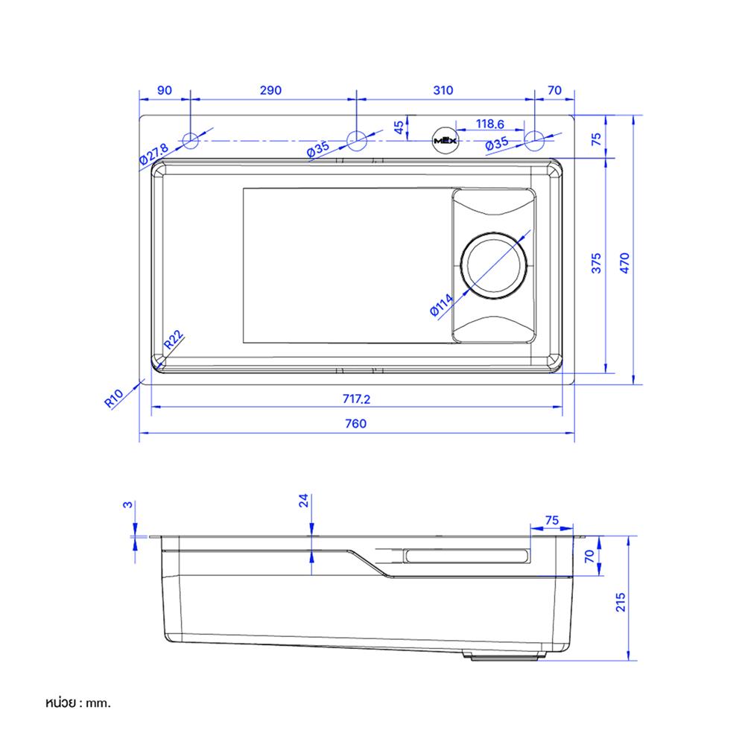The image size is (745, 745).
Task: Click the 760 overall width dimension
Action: click(356, 423)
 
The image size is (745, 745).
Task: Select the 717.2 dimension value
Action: click(356, 399)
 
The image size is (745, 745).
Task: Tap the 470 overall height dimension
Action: click(625, 264)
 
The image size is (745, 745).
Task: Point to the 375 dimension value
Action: click(596, 264)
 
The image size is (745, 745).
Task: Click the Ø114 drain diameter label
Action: click(442, 305)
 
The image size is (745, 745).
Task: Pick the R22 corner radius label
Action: click(174, 340)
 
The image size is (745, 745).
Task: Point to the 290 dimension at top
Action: click(270, 90)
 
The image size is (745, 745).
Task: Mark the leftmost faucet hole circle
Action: click(191, 139)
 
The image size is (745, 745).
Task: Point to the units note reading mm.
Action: click(77, 703)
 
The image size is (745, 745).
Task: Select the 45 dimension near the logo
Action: click(398, 127)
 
